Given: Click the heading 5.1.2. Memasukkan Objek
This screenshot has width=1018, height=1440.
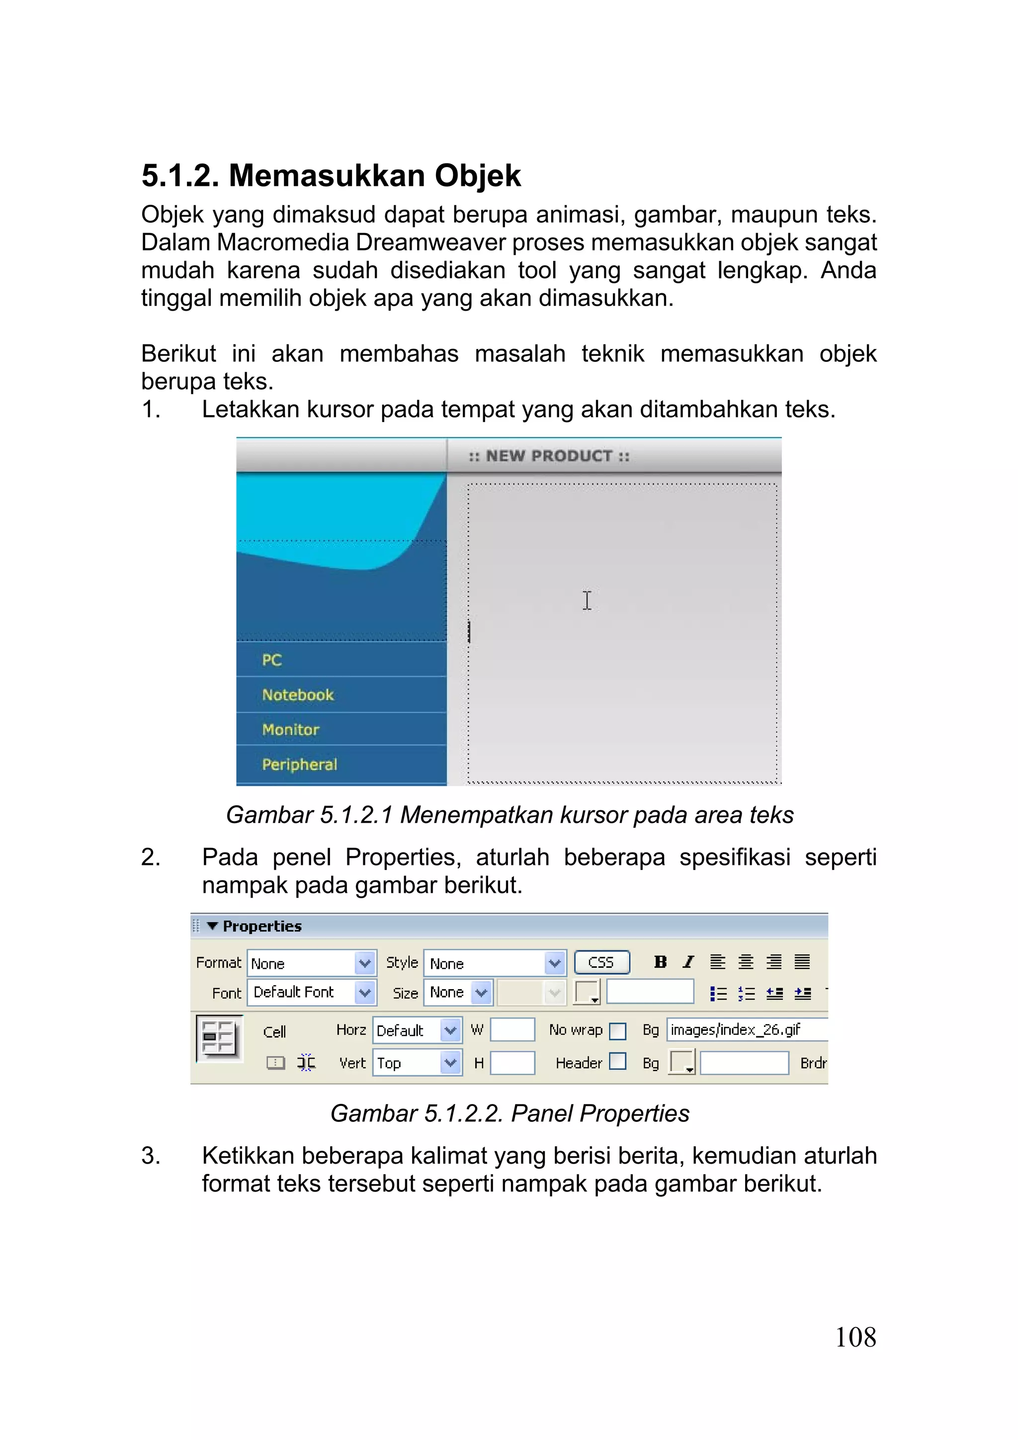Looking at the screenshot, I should [331, 175].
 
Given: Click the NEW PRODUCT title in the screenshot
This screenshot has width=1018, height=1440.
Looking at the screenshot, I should [549, 456].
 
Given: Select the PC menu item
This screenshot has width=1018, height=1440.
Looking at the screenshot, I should [271, 660].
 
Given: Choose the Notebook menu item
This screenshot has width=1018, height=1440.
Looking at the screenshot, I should [298, 695].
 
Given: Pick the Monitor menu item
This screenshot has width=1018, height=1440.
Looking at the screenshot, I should [290, 729].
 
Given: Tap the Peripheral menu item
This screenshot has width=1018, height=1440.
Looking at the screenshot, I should [299, 764].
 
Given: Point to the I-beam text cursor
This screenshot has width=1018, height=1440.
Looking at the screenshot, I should [587, 600].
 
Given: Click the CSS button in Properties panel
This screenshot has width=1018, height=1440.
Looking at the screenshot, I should [601, 963].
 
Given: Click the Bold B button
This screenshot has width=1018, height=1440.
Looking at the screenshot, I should [660, 962].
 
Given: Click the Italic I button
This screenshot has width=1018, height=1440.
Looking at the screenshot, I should [688, 962].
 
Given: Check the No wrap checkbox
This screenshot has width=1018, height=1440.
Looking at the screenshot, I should [618, 1031].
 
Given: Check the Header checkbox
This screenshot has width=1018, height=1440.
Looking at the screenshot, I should [618, 1061].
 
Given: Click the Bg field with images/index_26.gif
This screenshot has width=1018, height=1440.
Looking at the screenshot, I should [747, 1030].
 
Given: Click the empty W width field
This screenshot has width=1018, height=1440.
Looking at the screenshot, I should [512, 1030].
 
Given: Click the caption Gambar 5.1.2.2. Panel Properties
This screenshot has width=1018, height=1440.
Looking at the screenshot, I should [509, 1113].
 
